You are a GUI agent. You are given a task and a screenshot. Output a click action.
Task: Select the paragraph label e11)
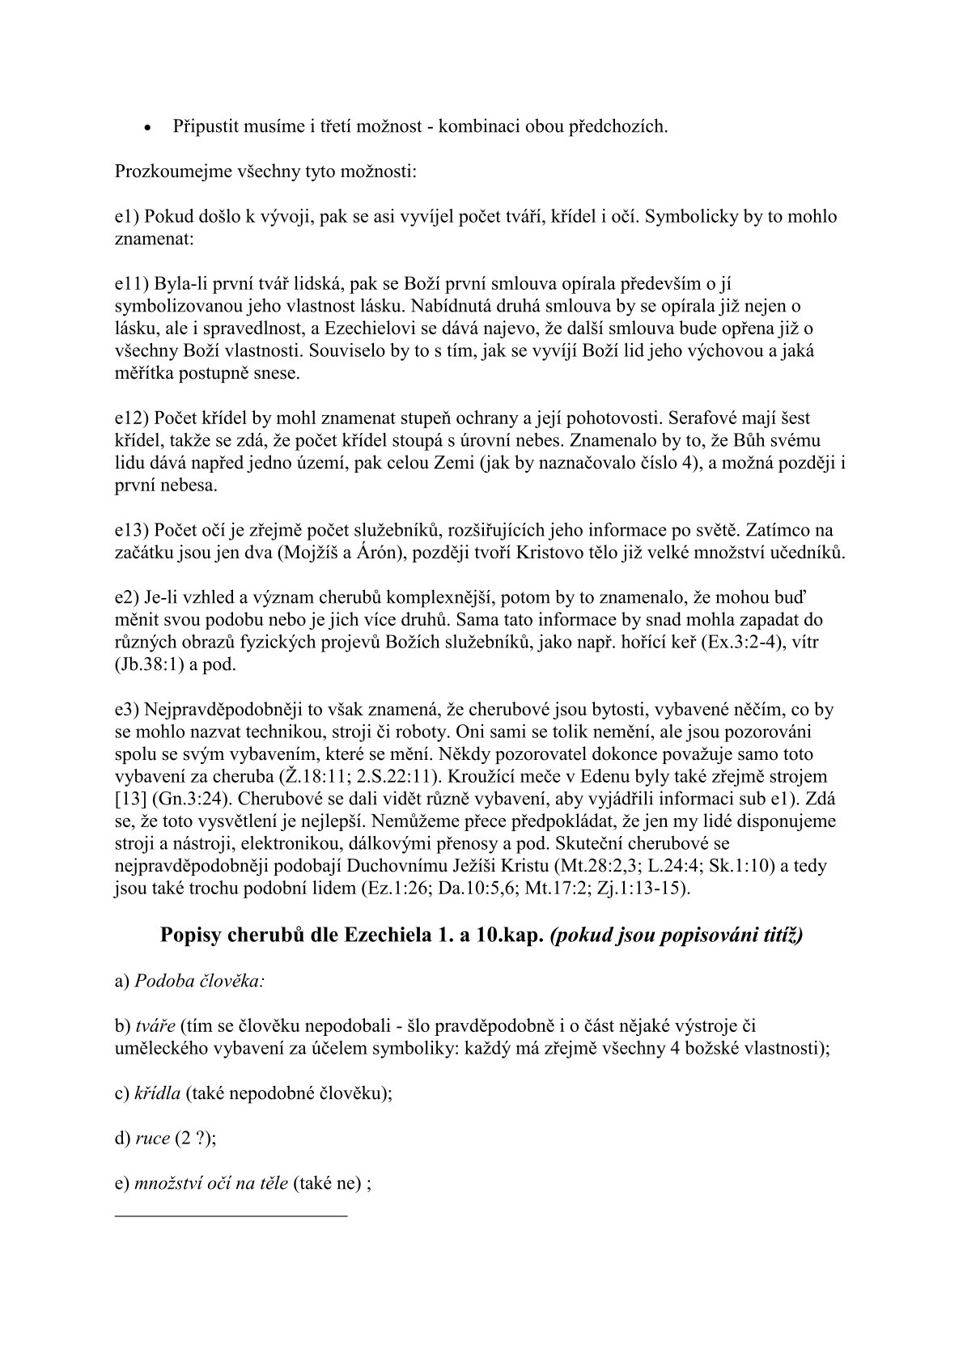coord(130,284)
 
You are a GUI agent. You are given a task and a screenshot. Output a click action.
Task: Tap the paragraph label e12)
coord(130,419)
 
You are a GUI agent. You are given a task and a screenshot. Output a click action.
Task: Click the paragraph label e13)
coord(130,531)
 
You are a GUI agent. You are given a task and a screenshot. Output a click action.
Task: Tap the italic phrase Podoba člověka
coord(198,981)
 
